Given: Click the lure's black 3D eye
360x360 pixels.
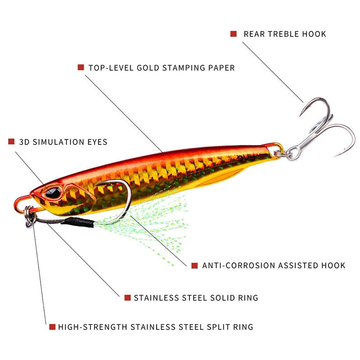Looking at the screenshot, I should [53, 193].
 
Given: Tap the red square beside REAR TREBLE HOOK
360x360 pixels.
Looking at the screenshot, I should [233, 34].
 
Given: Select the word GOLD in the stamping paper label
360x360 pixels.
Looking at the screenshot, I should [149, 68].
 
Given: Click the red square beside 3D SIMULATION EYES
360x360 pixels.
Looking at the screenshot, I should [11, 142].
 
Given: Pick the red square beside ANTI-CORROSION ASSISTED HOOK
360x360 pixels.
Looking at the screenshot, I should [194, 265].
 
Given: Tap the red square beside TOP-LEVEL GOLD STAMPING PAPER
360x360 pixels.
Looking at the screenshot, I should [81, 67].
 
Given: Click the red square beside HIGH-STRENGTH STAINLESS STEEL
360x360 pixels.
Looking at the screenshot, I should [52, 327].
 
